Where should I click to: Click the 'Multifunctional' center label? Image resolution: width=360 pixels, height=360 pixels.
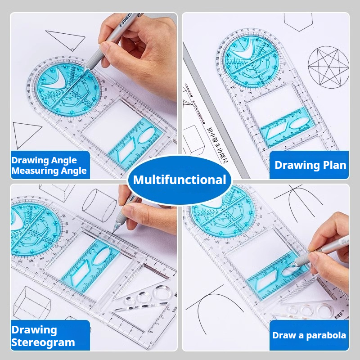click(180, 180)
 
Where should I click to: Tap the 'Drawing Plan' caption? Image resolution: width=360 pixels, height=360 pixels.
click(310, 165)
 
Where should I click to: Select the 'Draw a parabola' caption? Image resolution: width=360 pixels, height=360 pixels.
click(309, 335)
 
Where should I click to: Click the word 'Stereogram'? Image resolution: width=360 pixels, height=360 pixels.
click(43, 342)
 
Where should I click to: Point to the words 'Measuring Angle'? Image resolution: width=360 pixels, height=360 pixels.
click(49, 171)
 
